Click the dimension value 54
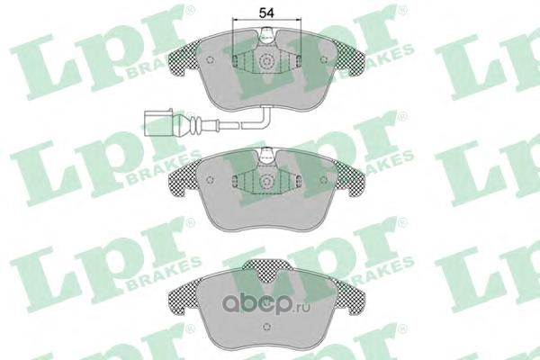tap(266, 13)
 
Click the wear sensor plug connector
tap(158, 123)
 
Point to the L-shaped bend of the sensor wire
tap(265, 118)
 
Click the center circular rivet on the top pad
tap(265, 62)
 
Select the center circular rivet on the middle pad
tap(265, 182)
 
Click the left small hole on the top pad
tap(210, 60)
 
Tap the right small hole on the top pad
tap(323, 60)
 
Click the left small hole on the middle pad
tap(210, 180)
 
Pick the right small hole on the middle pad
tap(323, 179)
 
